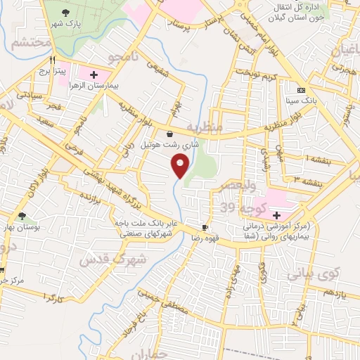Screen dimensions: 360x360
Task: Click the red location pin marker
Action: click(x=181, y=167)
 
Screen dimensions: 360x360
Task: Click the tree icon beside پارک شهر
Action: click(x=66, y=12)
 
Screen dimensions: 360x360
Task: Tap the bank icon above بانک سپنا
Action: click(x=301, y=90)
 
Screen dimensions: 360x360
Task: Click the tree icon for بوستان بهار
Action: click(x=22, y=216)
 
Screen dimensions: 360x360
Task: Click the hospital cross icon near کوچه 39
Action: click(x=276, y=215)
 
